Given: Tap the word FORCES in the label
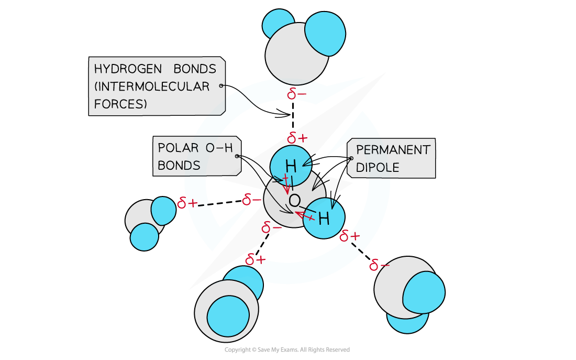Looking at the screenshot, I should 120,104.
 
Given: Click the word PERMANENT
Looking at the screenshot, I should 393,150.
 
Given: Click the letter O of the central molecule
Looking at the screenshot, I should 294,201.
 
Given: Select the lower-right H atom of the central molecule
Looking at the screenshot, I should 324,219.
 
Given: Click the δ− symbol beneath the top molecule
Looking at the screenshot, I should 297,94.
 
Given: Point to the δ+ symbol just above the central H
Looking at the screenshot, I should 297,138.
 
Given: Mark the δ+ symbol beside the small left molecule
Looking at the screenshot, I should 187,203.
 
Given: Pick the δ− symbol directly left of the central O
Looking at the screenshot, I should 252,200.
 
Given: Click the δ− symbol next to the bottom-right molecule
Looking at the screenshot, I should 379,266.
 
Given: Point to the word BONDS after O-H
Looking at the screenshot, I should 179,166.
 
